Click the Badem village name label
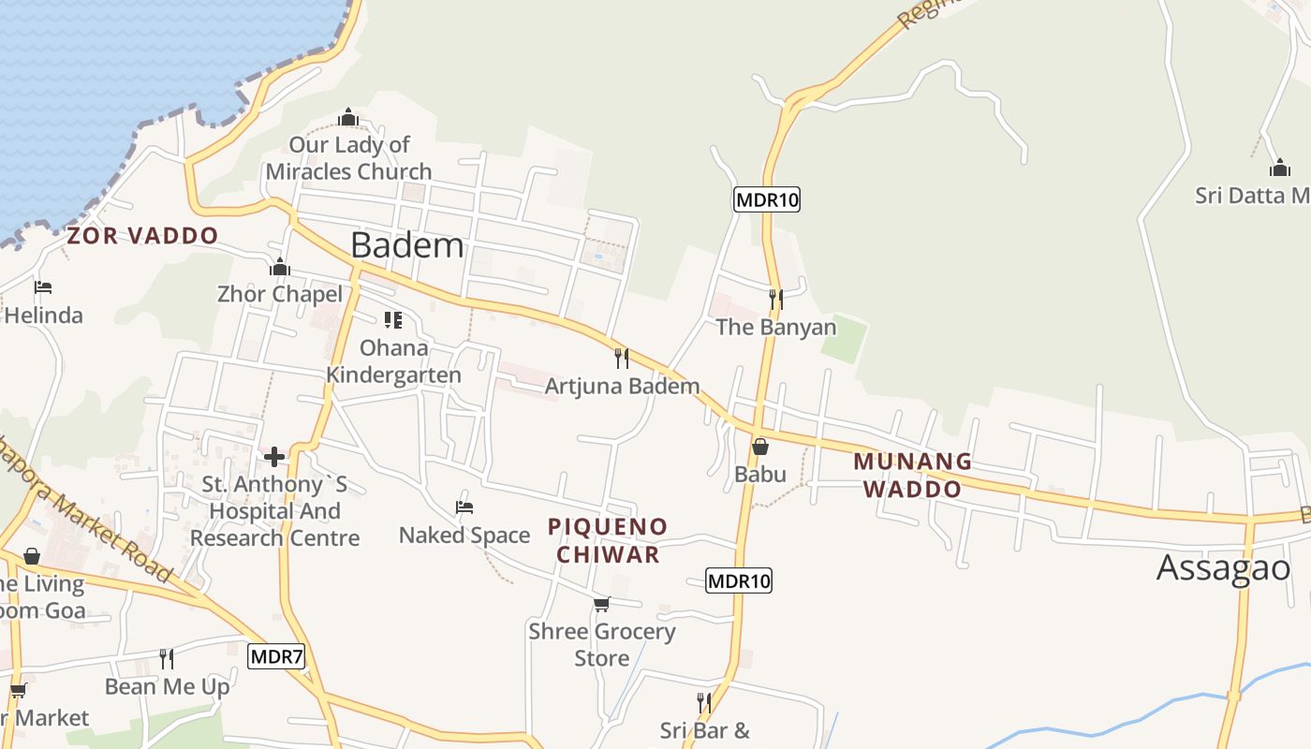tap(406, 245)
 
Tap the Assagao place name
tap(1223, 567)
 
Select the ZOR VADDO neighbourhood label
tap(142, 236)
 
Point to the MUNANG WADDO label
tap(912, 475)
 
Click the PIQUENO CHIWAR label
tap(608, 540)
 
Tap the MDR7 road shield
tap(277, 656)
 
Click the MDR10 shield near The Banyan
tap(767, 198)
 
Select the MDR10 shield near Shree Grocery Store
tap(739, 580)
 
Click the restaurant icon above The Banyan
tap(775, 300)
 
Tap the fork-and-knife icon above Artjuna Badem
tap(621, 358)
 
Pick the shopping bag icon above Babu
tap(760, 447)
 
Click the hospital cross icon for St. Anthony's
tap(274, 457)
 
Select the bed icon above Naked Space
tap(464, 507)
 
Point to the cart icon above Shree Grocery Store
tap(601, 604)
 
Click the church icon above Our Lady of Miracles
tap(348, 117)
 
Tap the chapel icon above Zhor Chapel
tap(279, 268)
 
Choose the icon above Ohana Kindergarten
tap(393, 320)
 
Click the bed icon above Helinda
tap(43, 287)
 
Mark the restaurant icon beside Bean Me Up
tap(167, 659)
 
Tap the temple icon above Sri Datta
tap(1280, 169)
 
